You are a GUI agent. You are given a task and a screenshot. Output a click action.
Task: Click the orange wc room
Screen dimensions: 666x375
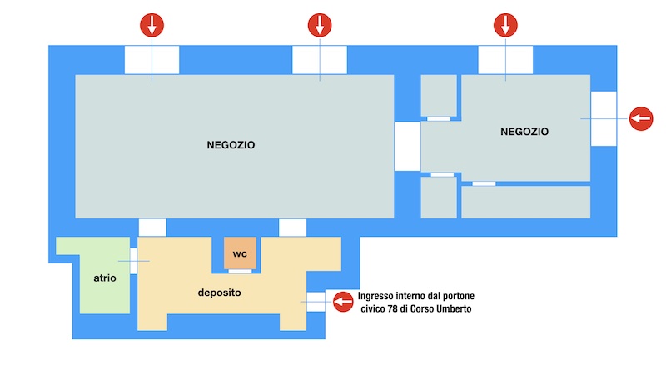(x=240, y=253)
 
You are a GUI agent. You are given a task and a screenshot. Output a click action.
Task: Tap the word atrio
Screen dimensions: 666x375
(x=105, y=278)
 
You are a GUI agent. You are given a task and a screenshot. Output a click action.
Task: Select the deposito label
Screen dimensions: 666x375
(x=219, y=292)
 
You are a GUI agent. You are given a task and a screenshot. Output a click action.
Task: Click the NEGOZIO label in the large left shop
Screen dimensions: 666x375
(x=231, y=145)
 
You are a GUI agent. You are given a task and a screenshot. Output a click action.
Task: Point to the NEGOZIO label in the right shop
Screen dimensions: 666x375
(x=524, y=132)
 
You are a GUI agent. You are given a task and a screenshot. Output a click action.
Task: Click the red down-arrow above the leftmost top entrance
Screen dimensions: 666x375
(x=152, y=25)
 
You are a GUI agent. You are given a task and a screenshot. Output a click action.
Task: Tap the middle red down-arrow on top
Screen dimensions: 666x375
(x=320, y=25)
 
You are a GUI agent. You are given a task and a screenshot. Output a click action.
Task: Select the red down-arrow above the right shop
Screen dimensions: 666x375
(x=505, y=25)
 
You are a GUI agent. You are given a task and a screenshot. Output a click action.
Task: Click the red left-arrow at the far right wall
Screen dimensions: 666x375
(x=641, y=118)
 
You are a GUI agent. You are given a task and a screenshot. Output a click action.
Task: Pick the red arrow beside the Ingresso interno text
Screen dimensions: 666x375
(x=343, y=302)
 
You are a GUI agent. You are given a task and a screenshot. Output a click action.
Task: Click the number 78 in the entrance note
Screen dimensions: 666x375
(x=392, y=308)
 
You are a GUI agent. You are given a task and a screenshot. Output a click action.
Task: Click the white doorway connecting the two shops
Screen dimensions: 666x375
(x=407, y=147)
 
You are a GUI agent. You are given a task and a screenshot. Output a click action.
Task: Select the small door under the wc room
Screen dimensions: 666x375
(x=240, y=272)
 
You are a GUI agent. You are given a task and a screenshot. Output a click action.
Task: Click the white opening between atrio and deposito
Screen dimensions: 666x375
(x=133, y=261)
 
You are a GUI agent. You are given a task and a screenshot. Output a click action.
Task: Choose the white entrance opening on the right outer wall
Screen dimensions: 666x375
(x=604, y=118)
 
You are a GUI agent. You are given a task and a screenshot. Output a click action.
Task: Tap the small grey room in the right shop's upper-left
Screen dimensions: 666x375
(x=439, y=96)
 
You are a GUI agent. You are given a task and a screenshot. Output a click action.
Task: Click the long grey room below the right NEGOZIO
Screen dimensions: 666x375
(x=526, y=202)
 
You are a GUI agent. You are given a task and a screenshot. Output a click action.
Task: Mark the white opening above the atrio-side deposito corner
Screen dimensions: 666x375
(x=152, y=227)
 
